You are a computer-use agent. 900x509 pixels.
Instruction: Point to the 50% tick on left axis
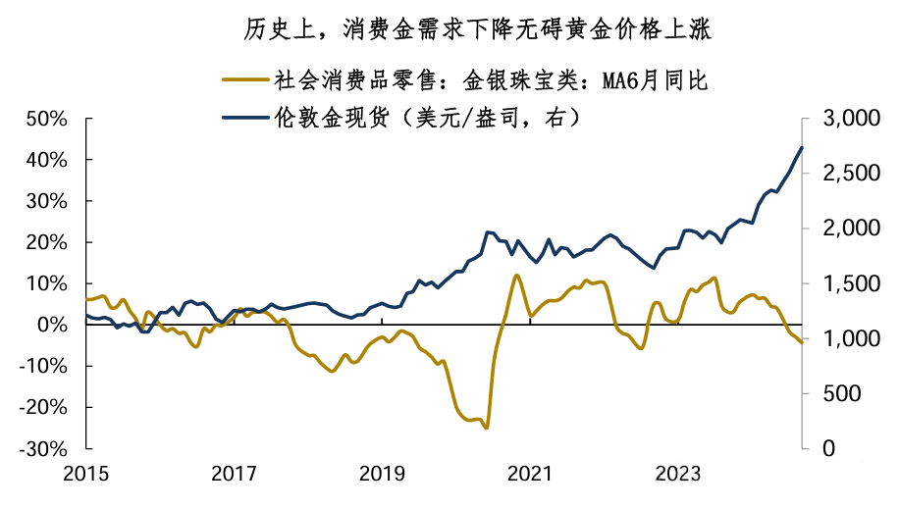point(44,119)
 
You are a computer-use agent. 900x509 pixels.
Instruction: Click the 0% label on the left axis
point(51,325)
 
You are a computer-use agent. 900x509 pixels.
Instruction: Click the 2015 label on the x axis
point(86,475)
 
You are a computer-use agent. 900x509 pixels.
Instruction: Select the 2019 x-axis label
point(381,475)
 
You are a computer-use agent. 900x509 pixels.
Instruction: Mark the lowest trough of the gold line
point(487,428)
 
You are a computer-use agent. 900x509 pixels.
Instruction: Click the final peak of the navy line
point(802,148)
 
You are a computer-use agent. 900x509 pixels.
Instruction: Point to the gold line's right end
point(802,342)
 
